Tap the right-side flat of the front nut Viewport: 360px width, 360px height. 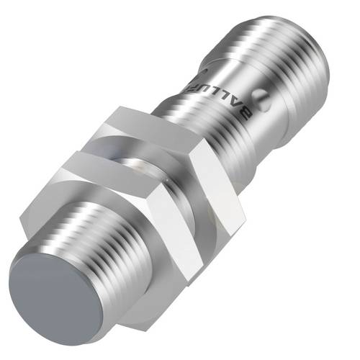(x=216, y=216)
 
